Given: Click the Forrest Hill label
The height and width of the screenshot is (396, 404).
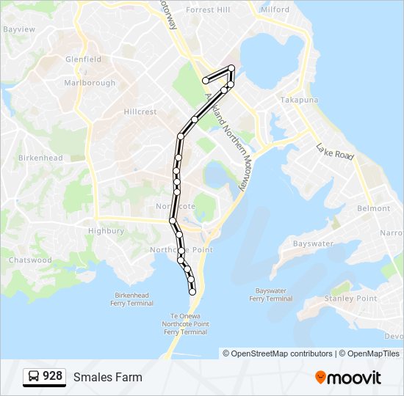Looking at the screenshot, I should pos(208,10).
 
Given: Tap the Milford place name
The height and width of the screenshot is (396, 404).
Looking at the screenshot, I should pos(275,10).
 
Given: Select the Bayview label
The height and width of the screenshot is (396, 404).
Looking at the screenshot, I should pos(19,29).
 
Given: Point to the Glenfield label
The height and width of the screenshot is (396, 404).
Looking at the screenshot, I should pos(83,59).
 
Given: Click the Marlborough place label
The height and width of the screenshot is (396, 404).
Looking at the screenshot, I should pos(90,83).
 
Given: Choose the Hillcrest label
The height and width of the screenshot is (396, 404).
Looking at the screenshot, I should pos(140,112).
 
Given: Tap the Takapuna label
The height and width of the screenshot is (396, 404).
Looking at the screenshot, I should pos(298,99).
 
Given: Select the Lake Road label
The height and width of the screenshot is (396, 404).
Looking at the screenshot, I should pos(335,152).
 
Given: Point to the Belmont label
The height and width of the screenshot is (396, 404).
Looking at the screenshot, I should pos(373,208).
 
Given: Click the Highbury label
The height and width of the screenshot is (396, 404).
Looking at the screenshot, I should pos(106,230).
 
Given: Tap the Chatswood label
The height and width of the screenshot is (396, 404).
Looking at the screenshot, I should pos(30,260).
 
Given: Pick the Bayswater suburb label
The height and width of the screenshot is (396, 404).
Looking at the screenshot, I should pos(313,243).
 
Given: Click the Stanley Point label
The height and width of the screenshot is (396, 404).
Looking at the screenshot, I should pos(351,298).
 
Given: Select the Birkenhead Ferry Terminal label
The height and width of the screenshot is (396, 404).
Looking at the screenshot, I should pos(129,298).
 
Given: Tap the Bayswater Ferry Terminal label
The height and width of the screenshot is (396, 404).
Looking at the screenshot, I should pos(270,295).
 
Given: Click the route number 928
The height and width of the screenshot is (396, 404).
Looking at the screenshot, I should pos(52,376).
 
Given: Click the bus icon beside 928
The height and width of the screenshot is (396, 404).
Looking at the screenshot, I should pos(34,377).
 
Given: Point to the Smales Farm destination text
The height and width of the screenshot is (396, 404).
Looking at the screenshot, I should pos(108,377).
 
